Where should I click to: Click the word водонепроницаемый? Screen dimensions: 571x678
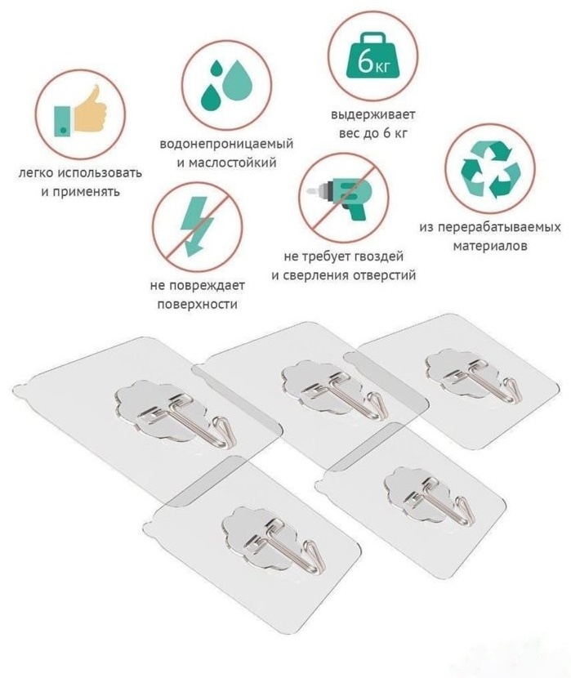[x=226, y=144]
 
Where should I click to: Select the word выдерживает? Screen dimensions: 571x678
[x=373, y=115]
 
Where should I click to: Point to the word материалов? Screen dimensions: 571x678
[x=490, y=246]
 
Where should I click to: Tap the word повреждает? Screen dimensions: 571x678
[x=209, y=286]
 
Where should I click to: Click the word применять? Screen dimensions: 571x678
[x=80, y=192]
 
